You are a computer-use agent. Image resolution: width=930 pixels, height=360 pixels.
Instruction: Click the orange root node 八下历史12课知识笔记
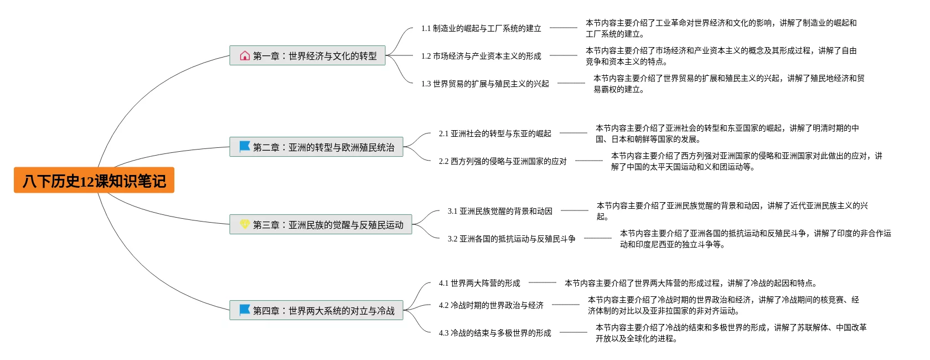(x=94, y=181)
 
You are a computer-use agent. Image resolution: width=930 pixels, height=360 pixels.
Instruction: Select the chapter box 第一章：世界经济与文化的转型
(x=307, y=56)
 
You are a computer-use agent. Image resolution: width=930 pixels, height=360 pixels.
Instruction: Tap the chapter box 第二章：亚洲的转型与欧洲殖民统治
(x=316, y=147)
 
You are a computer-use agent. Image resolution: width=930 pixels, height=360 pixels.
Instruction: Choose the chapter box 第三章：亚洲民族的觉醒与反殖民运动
(x=321, y=225)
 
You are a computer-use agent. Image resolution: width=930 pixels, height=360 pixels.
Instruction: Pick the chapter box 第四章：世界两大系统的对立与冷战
(x=316, y=311)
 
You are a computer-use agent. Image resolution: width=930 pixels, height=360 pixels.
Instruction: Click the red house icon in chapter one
(x=245, y=55)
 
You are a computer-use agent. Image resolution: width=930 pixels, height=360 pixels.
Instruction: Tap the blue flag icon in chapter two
(x=245, y=146)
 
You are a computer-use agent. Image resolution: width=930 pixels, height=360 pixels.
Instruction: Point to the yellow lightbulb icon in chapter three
(x=245, y=224)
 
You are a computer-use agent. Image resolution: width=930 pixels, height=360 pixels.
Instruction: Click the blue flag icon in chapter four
(x=245, y=310)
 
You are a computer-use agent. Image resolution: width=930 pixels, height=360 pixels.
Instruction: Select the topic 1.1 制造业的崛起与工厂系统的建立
(x=481, y=28)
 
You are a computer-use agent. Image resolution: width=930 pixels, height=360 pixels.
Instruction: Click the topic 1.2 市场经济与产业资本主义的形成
(x=481, y=56)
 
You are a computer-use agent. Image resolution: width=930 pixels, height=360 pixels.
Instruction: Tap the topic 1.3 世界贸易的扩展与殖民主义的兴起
(x=485, y=84)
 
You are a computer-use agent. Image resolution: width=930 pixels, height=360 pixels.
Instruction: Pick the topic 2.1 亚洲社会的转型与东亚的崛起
(x=495, y=133)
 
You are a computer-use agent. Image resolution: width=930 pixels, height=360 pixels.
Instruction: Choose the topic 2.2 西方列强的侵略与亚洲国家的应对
(x=503, y=161)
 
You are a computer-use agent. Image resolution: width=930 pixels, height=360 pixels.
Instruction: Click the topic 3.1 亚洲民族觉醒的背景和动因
(x=500, y=211)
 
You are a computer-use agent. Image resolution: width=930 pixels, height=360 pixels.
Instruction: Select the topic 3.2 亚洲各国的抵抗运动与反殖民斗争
(x=512, y=239)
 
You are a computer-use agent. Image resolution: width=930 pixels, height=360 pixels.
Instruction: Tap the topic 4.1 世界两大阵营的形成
(x=479, y=283)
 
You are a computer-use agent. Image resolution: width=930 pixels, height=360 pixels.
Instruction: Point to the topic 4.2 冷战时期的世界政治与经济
(x=491, y=305)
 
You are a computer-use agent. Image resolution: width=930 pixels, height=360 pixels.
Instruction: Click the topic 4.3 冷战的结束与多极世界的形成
(x=495, y=333)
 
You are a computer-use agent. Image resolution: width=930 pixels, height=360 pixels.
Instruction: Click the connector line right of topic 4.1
(x=542, y=282)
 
